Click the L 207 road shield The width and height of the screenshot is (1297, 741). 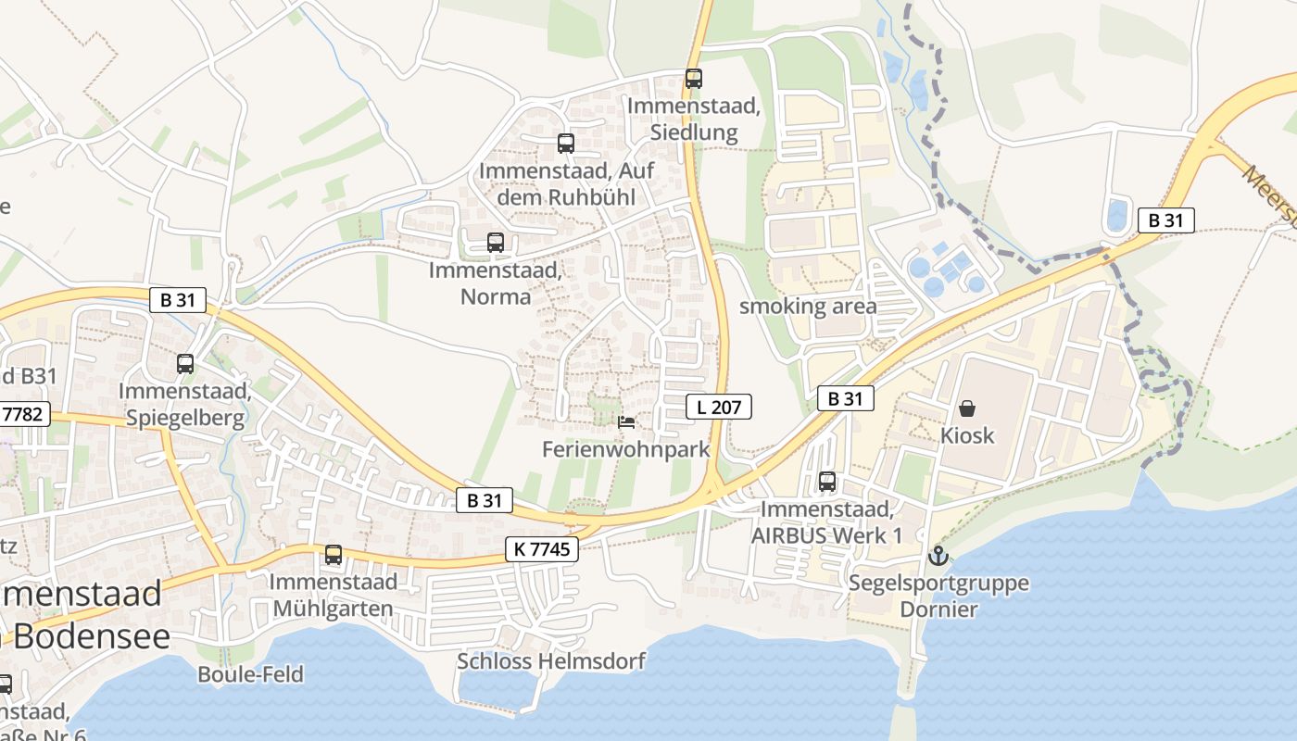click(x=719, y=406)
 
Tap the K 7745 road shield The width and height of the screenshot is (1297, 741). click(x=542, y=549)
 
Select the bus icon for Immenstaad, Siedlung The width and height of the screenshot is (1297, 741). click(x=694, y=79)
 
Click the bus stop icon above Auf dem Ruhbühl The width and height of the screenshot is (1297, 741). click(x=566, y=144)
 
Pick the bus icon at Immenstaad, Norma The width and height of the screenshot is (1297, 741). click(x=496, y=243)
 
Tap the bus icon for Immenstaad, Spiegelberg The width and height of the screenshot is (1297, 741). click(x=185, y=364)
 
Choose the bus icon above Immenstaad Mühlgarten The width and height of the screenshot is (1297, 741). click(x=334, y=555)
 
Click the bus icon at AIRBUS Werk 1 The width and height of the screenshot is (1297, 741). click(x=827, y=482)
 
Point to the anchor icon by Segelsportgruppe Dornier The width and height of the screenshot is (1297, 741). click(x=938, y=557)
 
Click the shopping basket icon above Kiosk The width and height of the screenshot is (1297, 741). click(x=967, y=408)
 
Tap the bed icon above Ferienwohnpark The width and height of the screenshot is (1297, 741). click(x=626, y=423)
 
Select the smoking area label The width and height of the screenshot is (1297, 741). click(x=808, y=307)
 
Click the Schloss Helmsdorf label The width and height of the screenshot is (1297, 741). click(x=550, y=661)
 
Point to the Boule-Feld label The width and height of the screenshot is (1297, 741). click(x=250, y=674)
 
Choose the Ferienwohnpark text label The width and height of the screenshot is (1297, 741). click(x=626, y=450)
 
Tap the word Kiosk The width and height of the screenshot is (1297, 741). click(x=967, y=435)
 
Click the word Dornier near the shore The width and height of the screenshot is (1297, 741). click(x=938, y=609)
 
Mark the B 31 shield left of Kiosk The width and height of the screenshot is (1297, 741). click(x=846, y=398)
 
